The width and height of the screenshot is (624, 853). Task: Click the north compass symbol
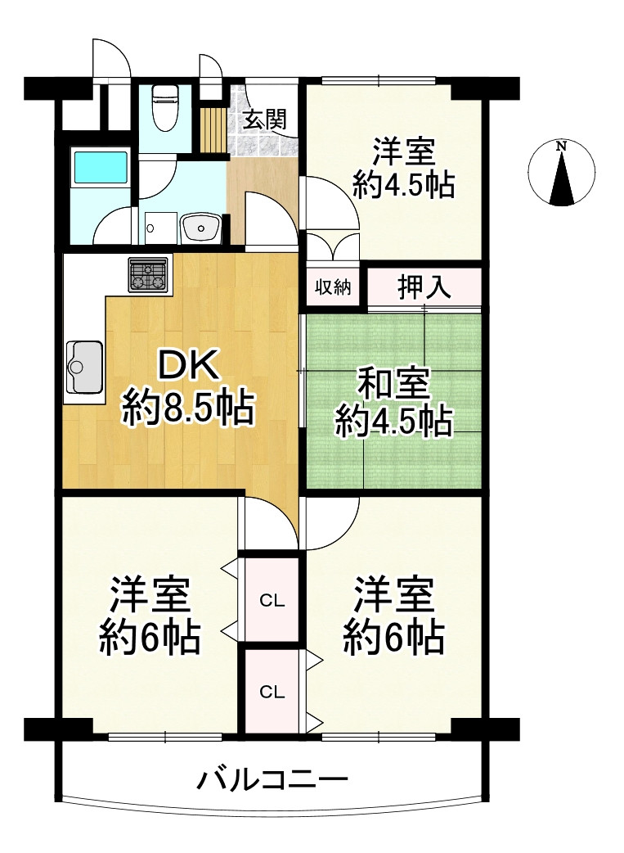[x=561, y=174]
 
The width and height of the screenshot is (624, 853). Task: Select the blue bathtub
[x=101, y=167]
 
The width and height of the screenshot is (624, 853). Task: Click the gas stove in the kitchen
[x=150, y=274]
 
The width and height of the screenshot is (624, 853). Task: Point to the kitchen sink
[x=84, y=368]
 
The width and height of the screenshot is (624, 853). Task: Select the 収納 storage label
[x=334, y=287]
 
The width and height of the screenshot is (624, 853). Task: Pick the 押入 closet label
[x=424, y=287]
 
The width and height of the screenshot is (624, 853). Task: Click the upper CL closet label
[x=272, y=601]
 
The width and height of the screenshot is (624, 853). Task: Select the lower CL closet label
[x=272, y=692]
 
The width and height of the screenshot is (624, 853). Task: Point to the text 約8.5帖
[x=188, y=408]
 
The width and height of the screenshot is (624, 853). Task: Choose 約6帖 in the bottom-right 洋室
[x=393, y=636]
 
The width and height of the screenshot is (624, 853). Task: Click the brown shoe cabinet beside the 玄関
[x=214, y=127]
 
